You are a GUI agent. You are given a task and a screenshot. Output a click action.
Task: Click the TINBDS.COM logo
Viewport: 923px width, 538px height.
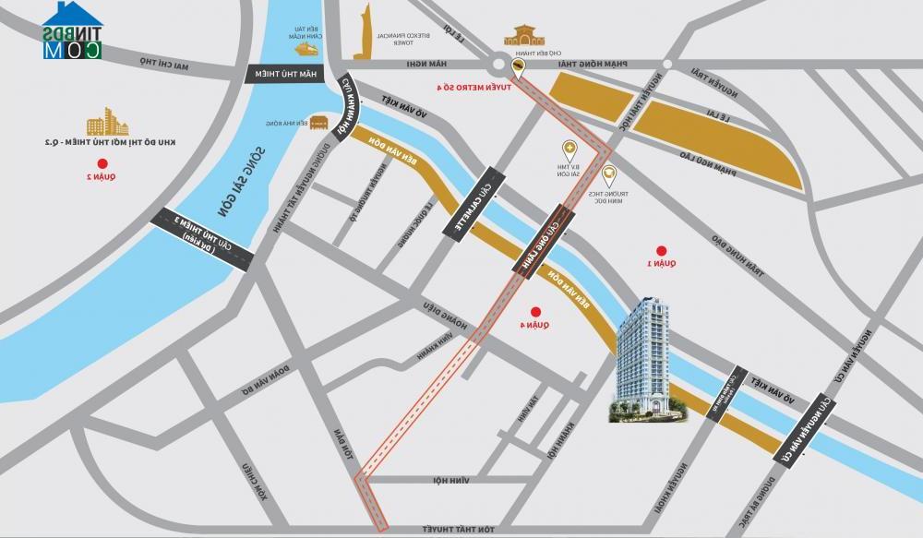72,30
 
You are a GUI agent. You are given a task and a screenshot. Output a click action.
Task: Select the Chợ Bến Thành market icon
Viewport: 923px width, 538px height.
520,37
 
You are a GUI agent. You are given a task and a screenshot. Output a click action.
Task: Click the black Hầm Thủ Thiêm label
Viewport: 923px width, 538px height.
283,75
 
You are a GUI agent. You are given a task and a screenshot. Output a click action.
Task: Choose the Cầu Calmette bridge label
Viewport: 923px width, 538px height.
473,204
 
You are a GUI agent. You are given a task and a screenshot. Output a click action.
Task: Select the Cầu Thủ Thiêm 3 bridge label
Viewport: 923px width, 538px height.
205,239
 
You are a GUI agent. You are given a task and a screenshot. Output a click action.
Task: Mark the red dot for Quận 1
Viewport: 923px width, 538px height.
660,250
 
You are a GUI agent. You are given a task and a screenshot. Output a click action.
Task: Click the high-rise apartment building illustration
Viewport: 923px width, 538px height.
645,360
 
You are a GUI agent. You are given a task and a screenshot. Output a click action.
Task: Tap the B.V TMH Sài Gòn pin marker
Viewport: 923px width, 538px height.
569,149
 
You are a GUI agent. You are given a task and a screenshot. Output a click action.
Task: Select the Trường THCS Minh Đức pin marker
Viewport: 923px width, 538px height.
608,173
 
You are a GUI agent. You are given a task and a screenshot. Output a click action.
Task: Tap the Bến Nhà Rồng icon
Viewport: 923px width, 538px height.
319,122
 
